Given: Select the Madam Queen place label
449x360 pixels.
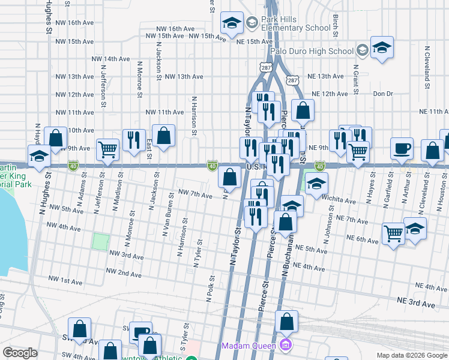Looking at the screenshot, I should (248, 346).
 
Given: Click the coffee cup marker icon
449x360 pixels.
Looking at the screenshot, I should (402, 148).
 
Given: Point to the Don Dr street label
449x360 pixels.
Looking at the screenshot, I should (382, 94).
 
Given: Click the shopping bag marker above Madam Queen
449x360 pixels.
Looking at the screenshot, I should (287, 322).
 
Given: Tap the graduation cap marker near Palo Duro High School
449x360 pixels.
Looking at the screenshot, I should (381, 49).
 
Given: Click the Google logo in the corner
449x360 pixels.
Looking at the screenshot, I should (20, 353).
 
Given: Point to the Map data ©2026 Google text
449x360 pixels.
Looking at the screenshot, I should (411, 355).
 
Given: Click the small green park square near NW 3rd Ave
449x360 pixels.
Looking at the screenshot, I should (101, 242).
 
